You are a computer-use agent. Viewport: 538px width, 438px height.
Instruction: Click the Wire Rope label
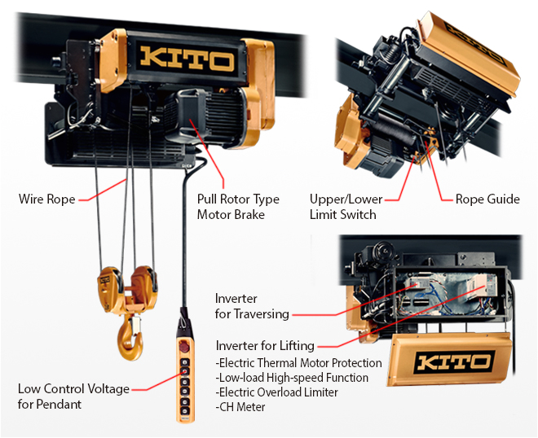(46, 198)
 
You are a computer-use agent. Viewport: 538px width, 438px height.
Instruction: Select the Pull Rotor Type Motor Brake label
(237, 206)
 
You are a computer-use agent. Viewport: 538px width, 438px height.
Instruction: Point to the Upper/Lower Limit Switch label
(342, 206)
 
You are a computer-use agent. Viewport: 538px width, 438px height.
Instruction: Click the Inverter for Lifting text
(265, 345)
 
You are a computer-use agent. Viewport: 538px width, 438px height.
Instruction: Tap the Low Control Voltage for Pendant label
(73, 396)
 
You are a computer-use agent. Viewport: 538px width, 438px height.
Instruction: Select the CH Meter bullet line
(240, 407)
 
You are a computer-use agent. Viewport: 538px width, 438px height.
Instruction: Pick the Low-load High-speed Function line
(292, 378)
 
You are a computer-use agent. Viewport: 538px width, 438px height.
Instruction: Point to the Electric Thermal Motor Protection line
(298, 363)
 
